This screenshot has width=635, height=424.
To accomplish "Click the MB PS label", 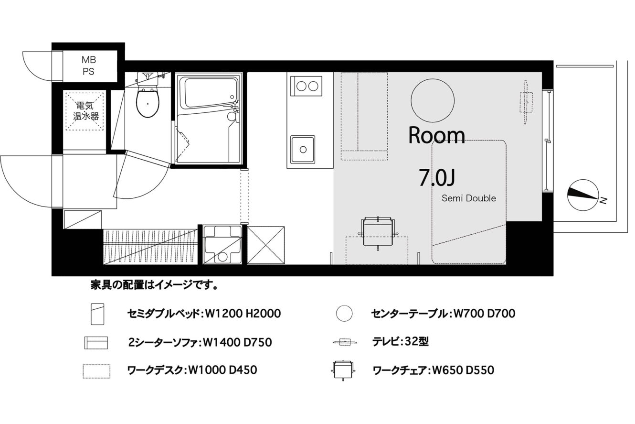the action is click(89, 65).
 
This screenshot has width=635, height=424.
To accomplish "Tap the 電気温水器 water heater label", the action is click(85, 111).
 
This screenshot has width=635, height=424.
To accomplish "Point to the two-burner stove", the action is click(306, 86).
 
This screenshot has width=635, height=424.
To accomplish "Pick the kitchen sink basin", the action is click(303, 150).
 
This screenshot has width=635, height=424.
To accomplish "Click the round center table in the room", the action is click(433, 100).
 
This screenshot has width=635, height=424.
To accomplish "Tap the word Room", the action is click(436, 136).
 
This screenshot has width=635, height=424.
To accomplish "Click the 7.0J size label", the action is click(437, 177).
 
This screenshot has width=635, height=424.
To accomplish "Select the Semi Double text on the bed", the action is click(468, 198).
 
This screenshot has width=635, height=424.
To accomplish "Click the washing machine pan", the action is click(222, 245).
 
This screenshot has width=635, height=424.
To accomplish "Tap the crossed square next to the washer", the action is click(266, 245).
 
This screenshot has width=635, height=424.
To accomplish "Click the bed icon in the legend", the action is click(97, 314).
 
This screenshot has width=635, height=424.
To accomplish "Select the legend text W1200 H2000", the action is click(243, 314).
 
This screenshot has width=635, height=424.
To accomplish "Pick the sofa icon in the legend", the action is click(96, 343).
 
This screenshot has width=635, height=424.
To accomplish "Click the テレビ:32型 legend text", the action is click(400, 341).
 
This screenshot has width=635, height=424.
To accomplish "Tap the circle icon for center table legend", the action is click(344, 313).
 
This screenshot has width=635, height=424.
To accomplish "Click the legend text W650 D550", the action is click(463, 370).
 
